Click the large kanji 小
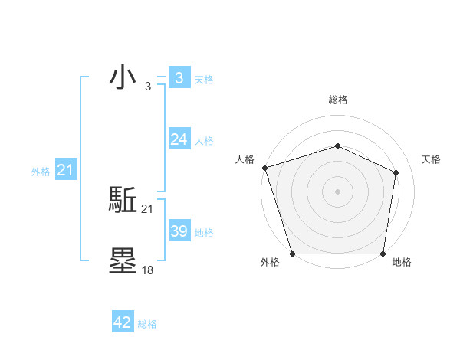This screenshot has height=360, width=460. [x=123, y=78]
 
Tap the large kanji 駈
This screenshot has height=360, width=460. [x=123, y=201]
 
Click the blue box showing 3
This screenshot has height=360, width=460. [x=179, y=78]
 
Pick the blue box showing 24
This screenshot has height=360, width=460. [x=179, y=139]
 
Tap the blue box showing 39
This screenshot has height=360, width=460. [x=179, y=231]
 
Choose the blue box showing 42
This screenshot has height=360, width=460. [x=123, y=322]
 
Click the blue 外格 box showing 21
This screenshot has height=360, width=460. [x=65, y=170]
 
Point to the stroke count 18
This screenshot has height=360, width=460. [x=148, y=270]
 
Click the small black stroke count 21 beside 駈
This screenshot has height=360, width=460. [x=148, y=209]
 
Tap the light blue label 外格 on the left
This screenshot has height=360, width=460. [x=41, y=172]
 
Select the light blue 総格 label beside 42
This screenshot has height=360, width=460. [x=147, y=324]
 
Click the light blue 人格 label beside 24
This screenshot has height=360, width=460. [x=204, y=141]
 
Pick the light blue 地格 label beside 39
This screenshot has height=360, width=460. [x=204, y=233]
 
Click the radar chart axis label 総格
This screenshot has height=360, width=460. [x=337, y=100]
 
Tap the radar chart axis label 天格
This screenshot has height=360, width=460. [x=431, y=159]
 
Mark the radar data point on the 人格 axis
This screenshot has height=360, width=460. [x=264, y=167]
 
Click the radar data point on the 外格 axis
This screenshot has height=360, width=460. [x=293, y=254]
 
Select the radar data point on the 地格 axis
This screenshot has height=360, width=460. [x=383, y=254]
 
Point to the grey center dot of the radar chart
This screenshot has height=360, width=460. [x=337, y=191]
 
